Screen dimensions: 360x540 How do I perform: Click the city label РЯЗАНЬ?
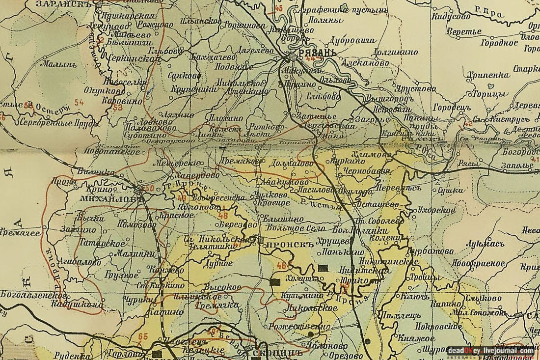(x=317, y=53)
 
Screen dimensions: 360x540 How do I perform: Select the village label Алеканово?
(x=362, y=63)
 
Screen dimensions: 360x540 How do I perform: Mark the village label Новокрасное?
(x=479, y=263)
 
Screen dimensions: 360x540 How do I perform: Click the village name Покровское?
(x=438, y=326)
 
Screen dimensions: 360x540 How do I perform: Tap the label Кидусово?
(x=450, y=16)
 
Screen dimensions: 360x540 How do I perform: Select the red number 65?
(x=143, y=336)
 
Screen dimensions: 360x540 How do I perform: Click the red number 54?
(x=79, y=102)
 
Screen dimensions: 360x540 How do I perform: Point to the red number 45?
(x=279, y=8)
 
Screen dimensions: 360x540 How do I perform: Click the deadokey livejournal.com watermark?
(x=490, y=351)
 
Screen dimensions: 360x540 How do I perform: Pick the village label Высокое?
(x=223, y=287)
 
